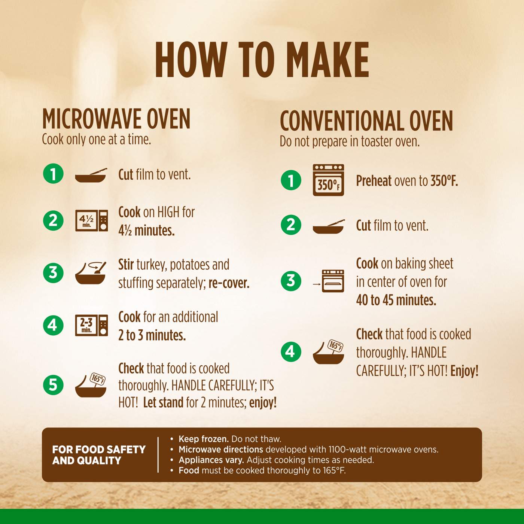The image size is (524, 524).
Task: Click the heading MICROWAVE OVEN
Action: (x=116, y=119)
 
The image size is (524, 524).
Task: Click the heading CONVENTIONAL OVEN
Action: (x=366, y=121)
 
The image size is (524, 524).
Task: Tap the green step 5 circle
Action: (x=53, y=385)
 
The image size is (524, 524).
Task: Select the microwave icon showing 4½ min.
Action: (x=92, y=220)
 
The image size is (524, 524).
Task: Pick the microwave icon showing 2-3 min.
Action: (x=92, y=325)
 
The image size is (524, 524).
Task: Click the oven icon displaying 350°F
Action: (x=329, y=180)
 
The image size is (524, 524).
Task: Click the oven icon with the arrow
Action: (x=329, y=281)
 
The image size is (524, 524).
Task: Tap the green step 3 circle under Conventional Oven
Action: (x=291, y=281)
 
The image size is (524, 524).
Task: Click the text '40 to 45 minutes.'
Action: (x=396, y=300)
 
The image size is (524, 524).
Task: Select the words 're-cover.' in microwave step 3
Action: (x=229, y=283)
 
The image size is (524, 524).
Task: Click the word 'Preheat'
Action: (x=374, y=181)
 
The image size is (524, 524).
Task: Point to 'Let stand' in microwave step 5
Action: (x=163, y=402)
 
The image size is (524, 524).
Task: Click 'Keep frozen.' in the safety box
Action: (x=204, y=439)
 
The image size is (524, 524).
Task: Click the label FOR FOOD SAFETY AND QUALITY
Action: (x=99, y=455)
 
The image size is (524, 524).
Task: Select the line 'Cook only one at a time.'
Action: (x=97, y=140)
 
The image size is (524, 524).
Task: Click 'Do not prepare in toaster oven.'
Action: (x=350, y=141)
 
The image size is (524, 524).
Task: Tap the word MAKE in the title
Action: (x=327, y=60)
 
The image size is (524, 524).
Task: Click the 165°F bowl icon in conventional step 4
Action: (x=329, y=352)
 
